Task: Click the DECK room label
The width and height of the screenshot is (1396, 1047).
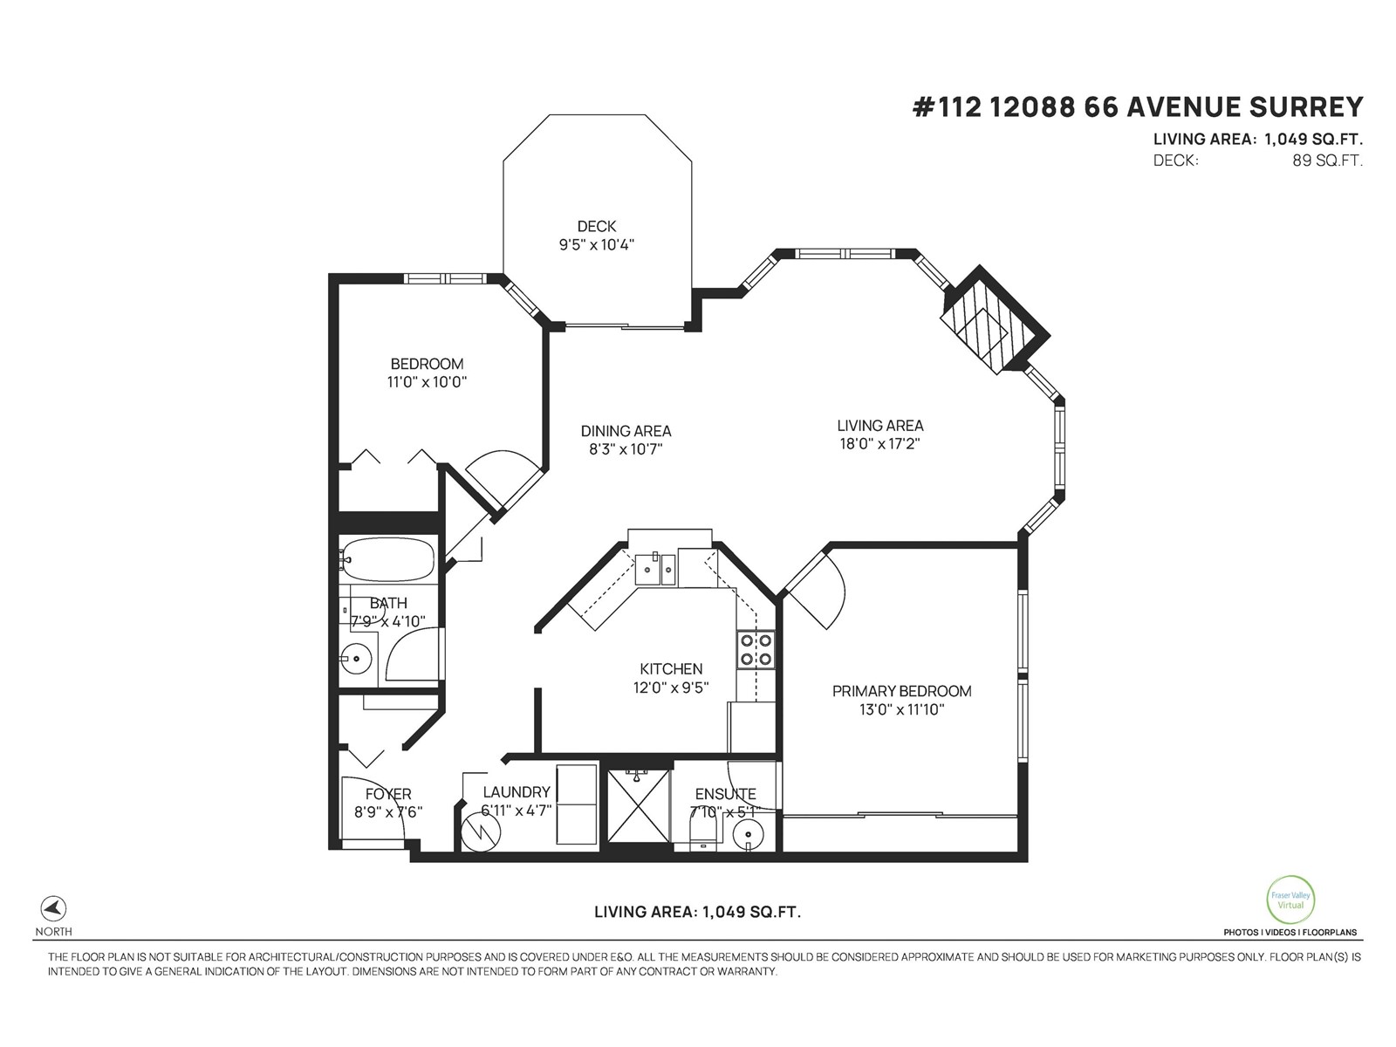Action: [x=596, y=227]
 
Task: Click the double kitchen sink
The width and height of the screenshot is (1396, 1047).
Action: [x=654, y=570]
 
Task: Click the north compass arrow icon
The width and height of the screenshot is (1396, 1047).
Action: [x=54, y=907]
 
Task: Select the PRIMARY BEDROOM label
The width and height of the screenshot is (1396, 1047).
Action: [x=901, y=691]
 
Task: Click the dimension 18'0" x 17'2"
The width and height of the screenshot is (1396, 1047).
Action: [x=879, y=443]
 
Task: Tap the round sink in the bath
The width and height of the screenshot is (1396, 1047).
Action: [x=355, y=659]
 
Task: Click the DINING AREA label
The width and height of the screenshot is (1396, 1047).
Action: [x=626, y=431]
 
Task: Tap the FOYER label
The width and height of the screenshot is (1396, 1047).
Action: [x=388, y=794]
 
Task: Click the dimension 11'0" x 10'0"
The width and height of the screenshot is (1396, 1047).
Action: [x=427, y=382]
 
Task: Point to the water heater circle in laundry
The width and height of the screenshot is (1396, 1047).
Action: [x=479, y=833]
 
